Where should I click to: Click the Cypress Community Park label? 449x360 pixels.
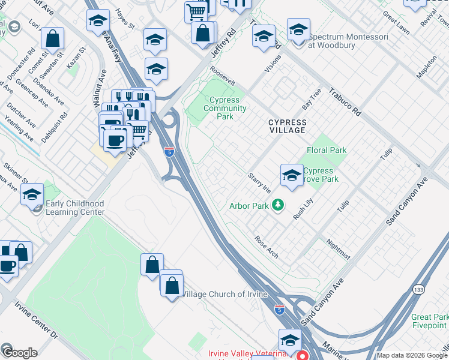pos(225,108)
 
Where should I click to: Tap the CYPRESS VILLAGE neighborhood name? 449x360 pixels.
pos(287,126)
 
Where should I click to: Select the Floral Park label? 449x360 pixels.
pos(327,150)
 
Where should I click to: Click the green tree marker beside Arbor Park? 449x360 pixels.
pos(277,206)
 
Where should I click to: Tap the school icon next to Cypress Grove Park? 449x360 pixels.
pos(292,175)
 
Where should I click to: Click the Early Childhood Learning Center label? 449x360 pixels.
pos(75,208)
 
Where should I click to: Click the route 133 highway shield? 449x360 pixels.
pos(417,290)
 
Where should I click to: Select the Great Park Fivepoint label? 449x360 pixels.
pos(430,321)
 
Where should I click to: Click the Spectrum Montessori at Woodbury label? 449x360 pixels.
pos(348,41)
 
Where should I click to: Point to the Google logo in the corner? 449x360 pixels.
pos(19,352)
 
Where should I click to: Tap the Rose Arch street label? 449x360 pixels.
pos(267,246)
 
